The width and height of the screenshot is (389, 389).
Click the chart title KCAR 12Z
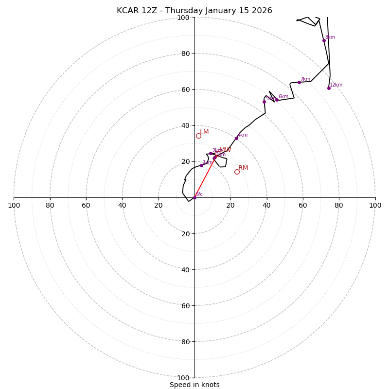135,11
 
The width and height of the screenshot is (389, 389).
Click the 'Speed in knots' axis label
194,385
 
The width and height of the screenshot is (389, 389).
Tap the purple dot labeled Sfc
194,197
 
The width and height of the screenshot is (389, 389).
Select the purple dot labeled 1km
201,165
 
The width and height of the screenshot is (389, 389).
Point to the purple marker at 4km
236,138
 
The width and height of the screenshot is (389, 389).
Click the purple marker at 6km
277,100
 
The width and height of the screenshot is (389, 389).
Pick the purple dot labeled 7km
299,82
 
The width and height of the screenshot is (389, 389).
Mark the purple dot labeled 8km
324,40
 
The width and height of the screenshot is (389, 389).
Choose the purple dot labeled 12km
329,88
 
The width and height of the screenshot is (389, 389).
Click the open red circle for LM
198,136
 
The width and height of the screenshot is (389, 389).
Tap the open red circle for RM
237,172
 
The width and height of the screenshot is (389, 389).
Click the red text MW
225,150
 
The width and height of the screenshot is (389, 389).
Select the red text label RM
243,168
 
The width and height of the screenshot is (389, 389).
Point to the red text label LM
204,132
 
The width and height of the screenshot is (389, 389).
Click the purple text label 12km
336,85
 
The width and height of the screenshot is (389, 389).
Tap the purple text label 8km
330,37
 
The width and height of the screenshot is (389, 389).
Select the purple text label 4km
243,135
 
